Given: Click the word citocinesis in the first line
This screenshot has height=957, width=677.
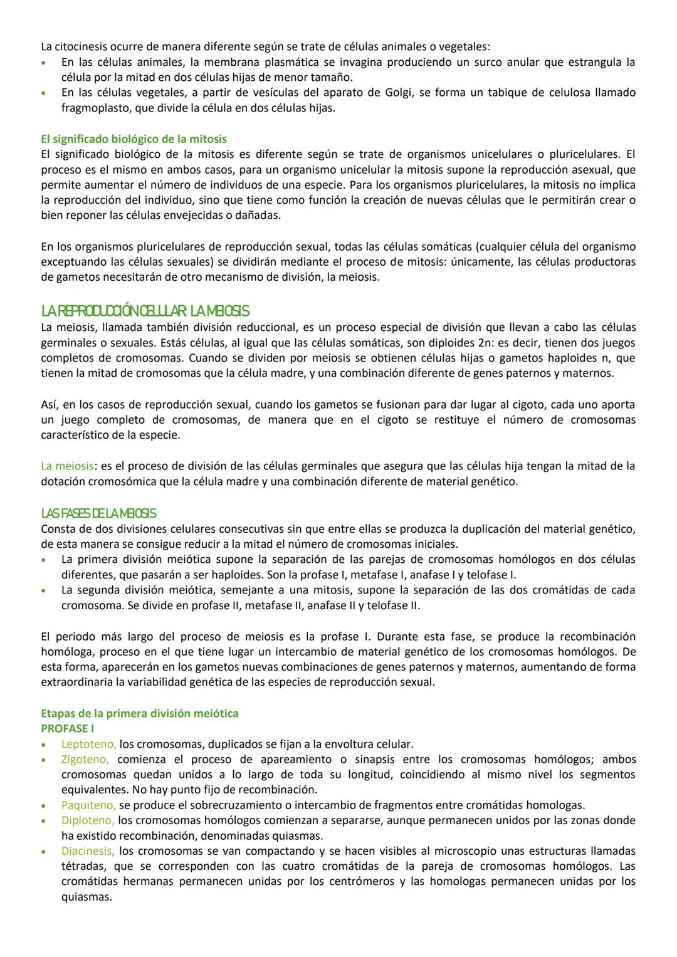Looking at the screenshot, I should (x=81, y=47).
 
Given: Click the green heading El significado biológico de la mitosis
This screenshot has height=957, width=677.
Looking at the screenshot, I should (x=134, y=139).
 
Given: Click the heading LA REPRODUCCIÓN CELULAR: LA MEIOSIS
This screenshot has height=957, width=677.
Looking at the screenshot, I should (x=145, y=311).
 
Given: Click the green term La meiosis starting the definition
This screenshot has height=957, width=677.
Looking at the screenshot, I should (x=67, y=466).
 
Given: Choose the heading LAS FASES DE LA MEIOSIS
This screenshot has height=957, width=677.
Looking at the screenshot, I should (x=98, y=514).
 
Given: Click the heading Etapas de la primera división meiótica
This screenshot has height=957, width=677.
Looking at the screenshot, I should (x=139, y=714).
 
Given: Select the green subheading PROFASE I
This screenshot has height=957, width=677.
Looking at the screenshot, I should (x=67, y=729).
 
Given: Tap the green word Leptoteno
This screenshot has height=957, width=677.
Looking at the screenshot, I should (x=88, y=745).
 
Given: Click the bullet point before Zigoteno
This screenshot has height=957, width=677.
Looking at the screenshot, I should (x=43, y=760).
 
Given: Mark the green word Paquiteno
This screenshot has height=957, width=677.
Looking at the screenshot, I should (x=88, y=805).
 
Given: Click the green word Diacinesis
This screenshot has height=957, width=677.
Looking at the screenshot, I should (x=88, y=851).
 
